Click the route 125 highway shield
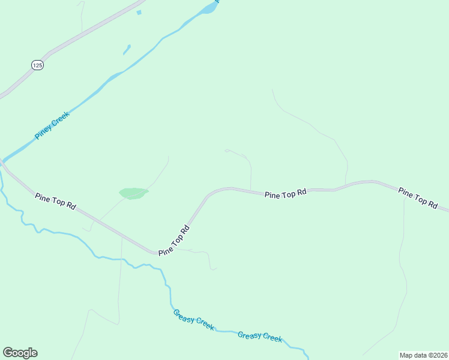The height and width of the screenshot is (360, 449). tap(37, 65)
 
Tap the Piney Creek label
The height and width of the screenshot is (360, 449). tap(52, 125)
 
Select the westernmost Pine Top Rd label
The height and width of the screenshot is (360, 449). tap(55, 200)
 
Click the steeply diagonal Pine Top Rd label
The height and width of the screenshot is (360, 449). tap(174, 241)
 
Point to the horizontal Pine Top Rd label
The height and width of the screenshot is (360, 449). tap(286, 193)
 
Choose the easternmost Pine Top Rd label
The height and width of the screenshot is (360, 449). tap(418, 197)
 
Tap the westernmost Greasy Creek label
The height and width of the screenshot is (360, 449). tap(193, 319)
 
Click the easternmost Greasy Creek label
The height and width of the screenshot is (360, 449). tap(260, 336)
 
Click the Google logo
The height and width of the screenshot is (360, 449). tap(20, 353)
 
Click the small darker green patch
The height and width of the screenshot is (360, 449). tap(133, 193)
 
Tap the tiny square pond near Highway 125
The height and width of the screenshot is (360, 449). tap(139, 12)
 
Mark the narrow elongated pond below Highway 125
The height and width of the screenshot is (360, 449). tap(127, 49)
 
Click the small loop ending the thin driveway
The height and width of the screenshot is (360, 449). tap(226, 151)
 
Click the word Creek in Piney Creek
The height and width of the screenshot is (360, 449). tap(61, 118)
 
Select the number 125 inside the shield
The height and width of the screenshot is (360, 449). tap(37, 65)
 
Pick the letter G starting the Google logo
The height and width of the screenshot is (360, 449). tap(7, 352)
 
